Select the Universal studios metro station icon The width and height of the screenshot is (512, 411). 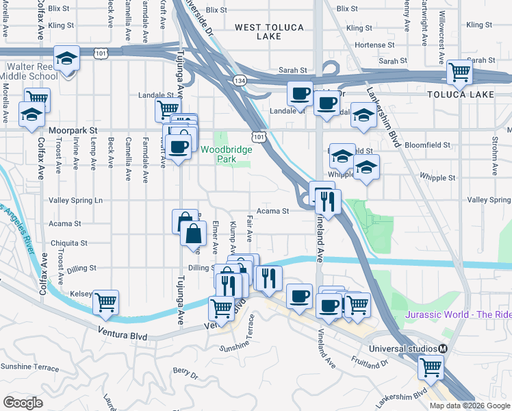443,349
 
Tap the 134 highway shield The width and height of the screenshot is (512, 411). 240,81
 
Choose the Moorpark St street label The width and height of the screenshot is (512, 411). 74,129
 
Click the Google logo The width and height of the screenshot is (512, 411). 23,402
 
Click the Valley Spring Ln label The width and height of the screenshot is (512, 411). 75,201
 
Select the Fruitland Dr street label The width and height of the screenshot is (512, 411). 371,359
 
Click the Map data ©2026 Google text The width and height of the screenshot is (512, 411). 470,406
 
